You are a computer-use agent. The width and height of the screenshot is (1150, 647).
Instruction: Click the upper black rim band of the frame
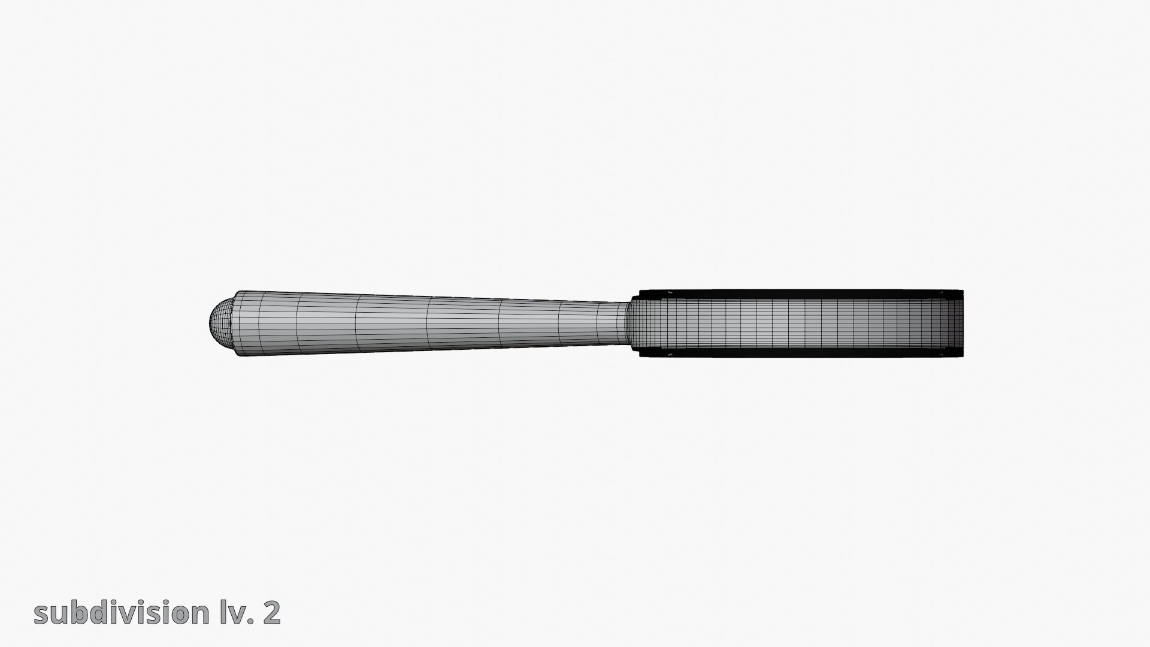tap(800, 294)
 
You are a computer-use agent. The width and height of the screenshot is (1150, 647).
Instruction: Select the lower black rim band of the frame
tap(800, 353)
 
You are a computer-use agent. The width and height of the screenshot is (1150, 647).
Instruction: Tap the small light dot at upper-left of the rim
tap(670, 292)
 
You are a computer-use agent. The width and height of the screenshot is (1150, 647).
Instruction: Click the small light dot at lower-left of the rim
tap(670, 355)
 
